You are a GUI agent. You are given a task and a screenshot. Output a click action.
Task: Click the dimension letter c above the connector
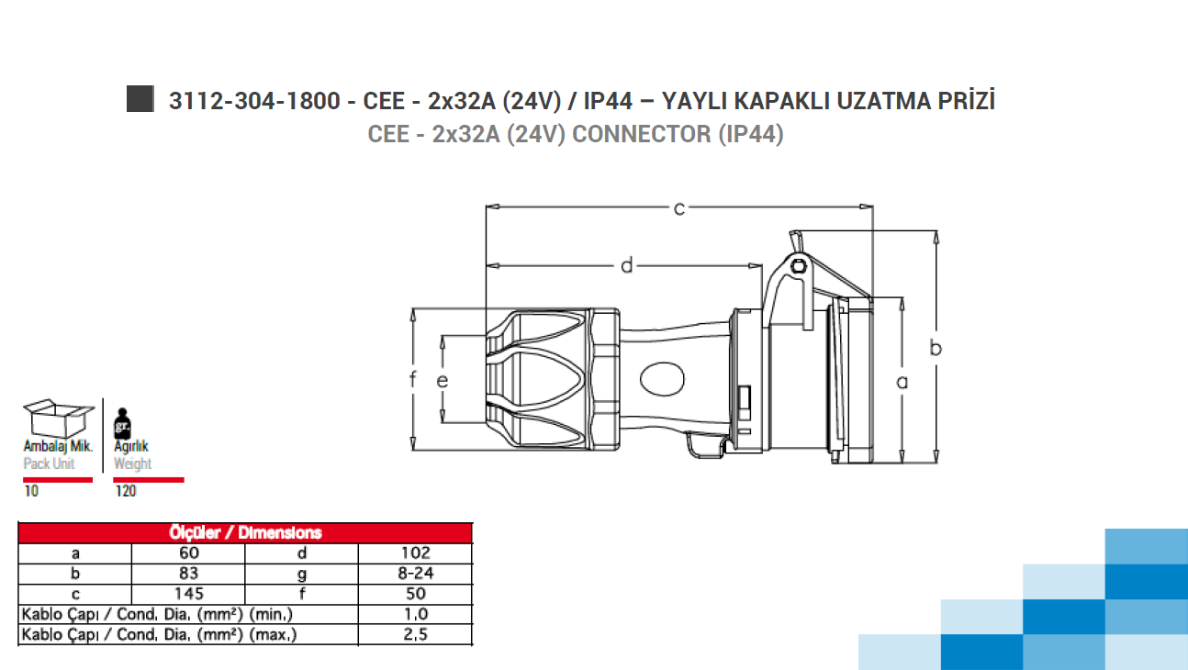(x=678, y=209)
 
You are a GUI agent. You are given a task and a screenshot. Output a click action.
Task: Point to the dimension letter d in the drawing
(x=627, y=265)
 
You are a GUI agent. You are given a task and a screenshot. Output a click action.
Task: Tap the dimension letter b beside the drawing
(x=936, y=348)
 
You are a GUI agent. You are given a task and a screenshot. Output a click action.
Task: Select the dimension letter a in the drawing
(x=902, y=382)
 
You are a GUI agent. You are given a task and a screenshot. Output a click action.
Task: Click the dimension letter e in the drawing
(x=442, y=381)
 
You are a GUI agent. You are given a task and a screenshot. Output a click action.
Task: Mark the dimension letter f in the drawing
(x=412, y=380)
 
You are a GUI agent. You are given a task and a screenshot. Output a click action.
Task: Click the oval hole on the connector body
(x=662, y=379)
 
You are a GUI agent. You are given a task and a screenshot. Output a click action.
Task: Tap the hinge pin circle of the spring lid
(x=799, y=266)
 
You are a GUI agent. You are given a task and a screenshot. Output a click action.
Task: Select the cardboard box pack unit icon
(x=59, y=419)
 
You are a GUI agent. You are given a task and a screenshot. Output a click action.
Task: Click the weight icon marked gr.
(x=122, y=423)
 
